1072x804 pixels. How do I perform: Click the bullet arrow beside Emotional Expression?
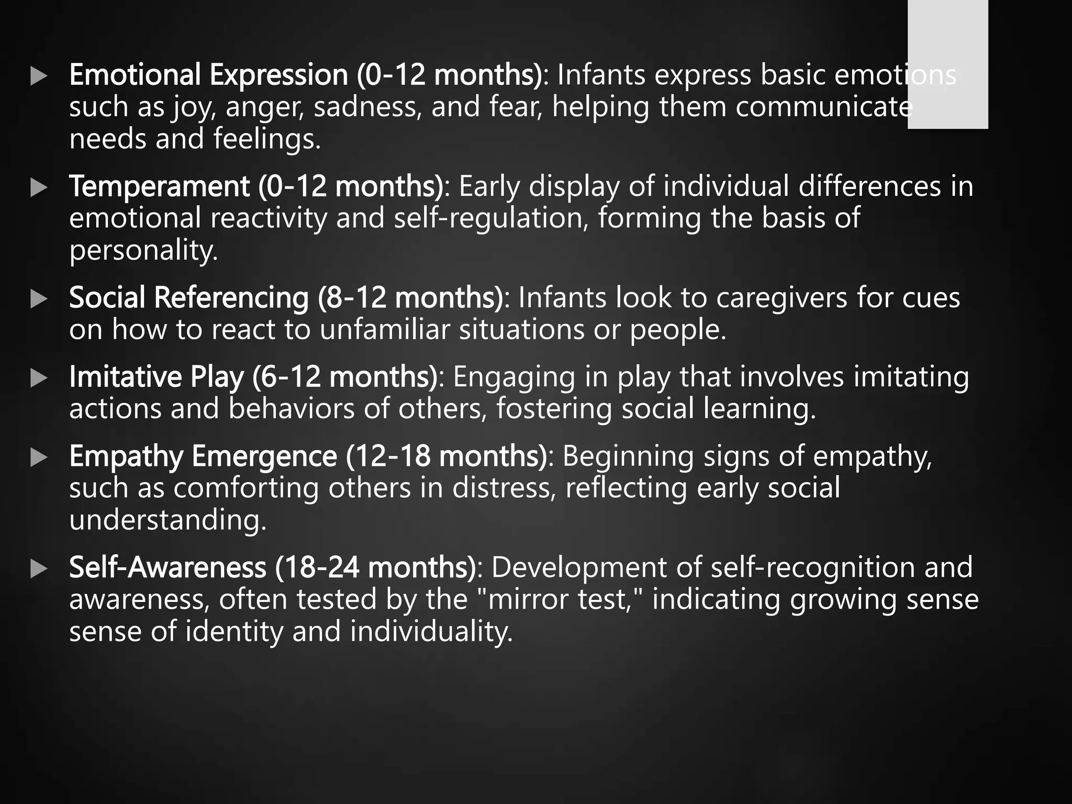point(39,76)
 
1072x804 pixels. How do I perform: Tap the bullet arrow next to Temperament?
point(39,187)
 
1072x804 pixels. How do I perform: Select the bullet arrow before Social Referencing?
point(39,299)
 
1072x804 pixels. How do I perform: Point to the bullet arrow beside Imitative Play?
point(39,378)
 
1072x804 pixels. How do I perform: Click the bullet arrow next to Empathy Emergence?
point(39,457)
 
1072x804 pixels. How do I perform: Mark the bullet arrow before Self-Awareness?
point(39,568)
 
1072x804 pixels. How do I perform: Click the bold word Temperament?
point(159,186)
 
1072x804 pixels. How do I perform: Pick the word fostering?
point(554,409)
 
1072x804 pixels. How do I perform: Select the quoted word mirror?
point(528,599)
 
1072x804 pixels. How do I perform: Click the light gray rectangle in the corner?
point(947,64)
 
